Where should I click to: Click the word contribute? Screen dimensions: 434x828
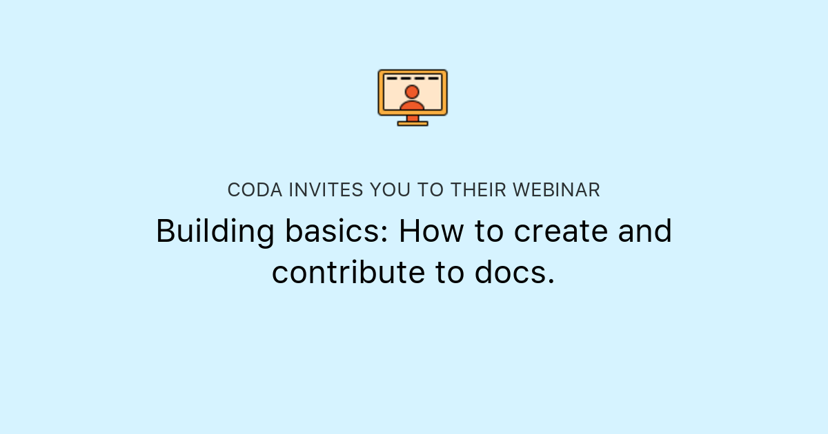click(348, 272)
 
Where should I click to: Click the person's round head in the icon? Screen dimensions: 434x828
click(412, 92)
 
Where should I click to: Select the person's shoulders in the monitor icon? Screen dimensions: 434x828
click(412, 105)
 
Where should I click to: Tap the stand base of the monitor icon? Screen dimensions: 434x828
click(413, 123)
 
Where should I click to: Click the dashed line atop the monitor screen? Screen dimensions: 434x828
click(413, 79)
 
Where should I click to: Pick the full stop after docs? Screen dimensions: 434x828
click(550, 281)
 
